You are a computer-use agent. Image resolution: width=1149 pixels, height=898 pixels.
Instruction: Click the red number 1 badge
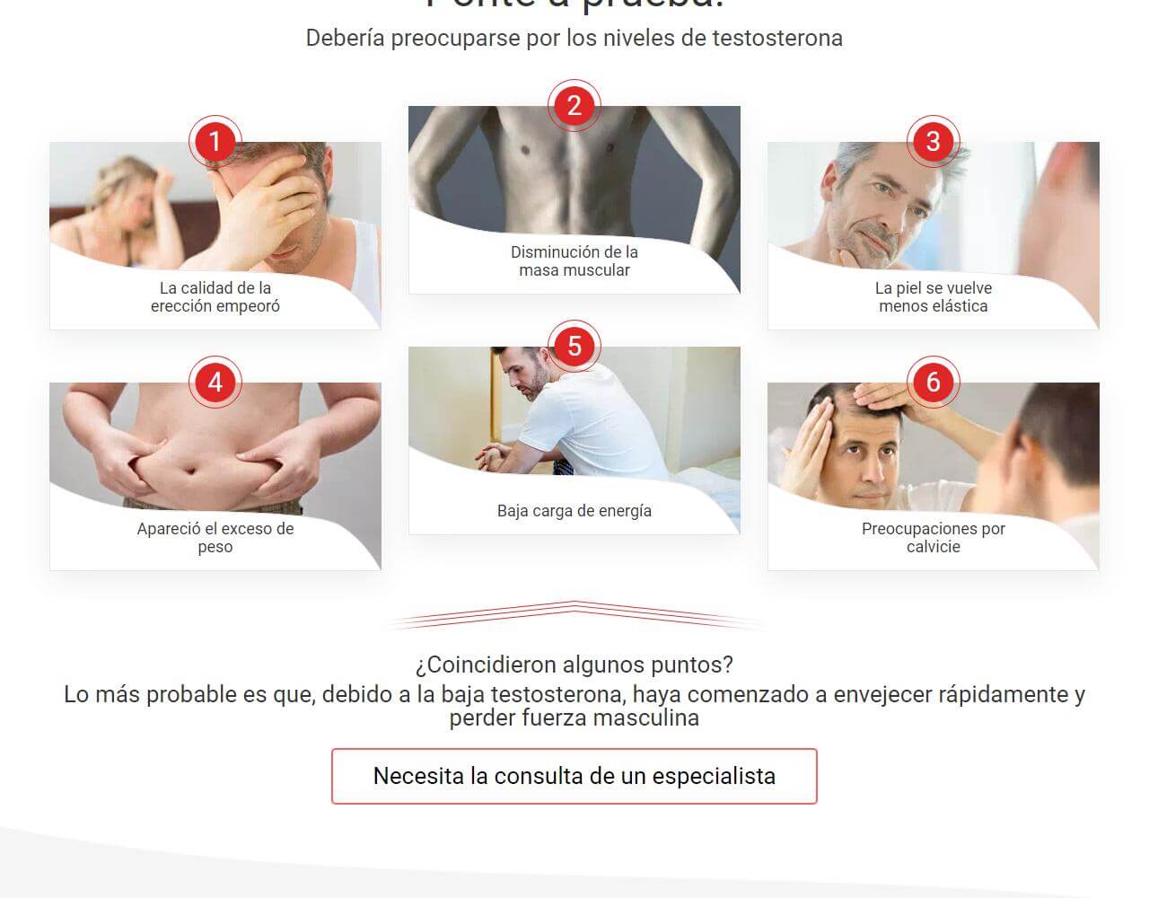[x=215, y=142]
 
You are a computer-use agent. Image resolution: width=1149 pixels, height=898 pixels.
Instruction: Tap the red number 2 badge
[x=574, y=106]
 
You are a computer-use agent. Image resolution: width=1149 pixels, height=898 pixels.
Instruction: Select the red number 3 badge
[x=933, y=142]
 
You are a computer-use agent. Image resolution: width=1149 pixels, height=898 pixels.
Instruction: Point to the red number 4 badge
[x=215, y=383]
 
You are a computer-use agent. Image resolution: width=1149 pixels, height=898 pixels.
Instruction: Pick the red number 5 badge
[x=574, y=347]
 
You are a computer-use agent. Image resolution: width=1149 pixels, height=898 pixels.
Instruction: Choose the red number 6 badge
[x=933, y=383]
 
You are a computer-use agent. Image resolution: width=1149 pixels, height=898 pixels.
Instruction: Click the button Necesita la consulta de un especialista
[x=574, y=776]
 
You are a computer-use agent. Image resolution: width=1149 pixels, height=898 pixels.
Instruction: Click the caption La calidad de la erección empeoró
[x=215, y=297]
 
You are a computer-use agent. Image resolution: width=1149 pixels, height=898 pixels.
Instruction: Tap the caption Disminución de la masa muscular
[x=574, y=261]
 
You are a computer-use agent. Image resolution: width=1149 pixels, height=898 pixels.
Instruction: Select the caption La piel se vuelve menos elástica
[x=933, y=297]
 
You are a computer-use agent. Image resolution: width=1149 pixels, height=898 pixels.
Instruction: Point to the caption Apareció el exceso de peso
[x=215, y=538]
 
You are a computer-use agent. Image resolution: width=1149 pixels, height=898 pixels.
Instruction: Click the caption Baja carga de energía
[x=574, y=511]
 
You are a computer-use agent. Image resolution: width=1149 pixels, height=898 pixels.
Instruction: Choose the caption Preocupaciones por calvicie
[x=933, y=538]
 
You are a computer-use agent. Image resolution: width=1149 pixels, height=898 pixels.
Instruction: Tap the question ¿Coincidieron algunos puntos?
[x=574, y=665]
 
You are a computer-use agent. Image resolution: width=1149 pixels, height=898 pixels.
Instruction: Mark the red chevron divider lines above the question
[x=574, y=615]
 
